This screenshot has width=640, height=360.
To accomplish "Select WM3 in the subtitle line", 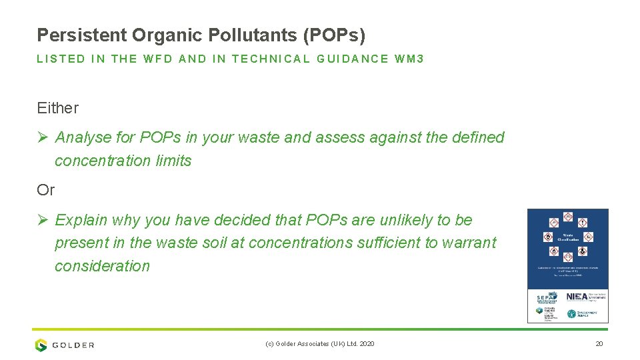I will tap(409, 59).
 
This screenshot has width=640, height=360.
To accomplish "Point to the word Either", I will tap(58, 108).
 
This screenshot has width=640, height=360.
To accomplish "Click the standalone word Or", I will tap(45, 190).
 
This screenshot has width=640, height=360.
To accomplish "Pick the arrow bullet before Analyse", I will tap(43, 138).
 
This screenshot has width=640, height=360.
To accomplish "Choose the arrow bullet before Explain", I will tap(43, 221).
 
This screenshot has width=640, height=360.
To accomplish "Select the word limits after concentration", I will tap(173, 161).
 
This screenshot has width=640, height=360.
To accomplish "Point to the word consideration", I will tap(102, 266).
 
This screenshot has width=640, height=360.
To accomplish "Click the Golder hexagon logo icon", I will tap(41, 345).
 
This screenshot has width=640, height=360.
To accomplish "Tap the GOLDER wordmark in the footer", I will tap(73, 345).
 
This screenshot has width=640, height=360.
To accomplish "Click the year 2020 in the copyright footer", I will tap(367, 344).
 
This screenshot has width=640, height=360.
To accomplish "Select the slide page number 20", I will tap(599, 344).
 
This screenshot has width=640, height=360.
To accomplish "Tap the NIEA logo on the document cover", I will tap(577, 297).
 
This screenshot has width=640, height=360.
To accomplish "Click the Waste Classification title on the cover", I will tap(567, 237).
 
